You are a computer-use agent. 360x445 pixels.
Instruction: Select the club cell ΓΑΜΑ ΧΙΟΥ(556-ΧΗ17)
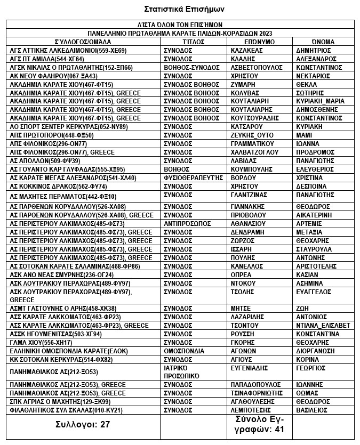[44, 343]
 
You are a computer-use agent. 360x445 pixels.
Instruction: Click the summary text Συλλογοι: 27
[83, 425]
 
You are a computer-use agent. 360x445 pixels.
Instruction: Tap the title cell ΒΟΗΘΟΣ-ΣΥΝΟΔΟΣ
[191, 67]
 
